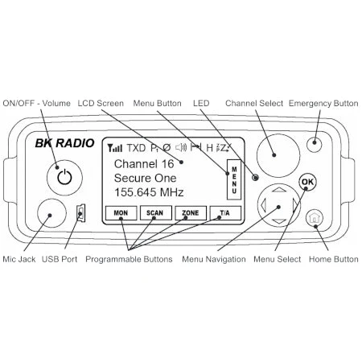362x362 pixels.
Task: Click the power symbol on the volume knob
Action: coord(64,177)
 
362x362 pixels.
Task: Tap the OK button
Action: coord(307,182)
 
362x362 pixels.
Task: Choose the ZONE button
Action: coord(191,213)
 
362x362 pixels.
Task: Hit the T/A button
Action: coord(225,213)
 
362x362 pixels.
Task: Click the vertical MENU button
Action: coord(234,179)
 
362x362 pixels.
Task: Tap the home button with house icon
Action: coord(315,217)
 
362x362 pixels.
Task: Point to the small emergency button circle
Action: coord(315,144)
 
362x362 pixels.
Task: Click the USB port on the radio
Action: coord(81,213)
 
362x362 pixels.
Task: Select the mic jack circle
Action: coord(51,213)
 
